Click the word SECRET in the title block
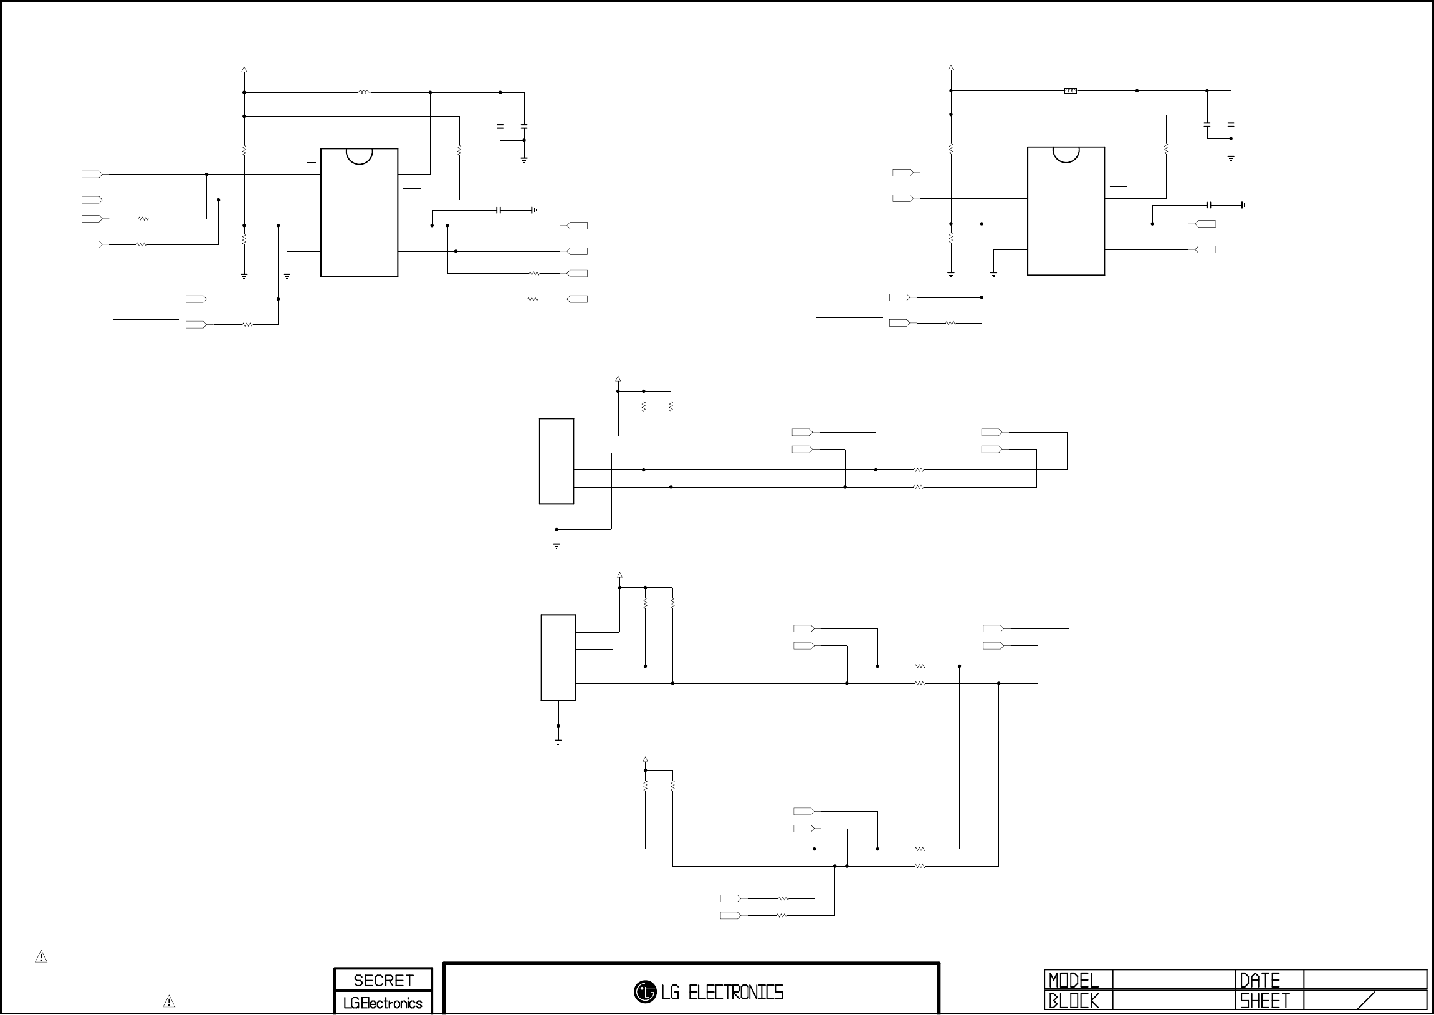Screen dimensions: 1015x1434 [383, 980]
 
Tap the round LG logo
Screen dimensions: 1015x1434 [644, 991]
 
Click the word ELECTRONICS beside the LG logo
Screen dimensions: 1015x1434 [735, 992]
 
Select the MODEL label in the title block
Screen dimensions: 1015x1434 [1073, 980]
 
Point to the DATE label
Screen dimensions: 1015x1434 [1260, 980]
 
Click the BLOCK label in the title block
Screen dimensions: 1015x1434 [1073, 1001]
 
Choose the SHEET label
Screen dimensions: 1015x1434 [1264, 1001]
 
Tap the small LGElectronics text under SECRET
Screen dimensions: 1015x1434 [383, 1003]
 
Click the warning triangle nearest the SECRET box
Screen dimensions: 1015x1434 [169, 1001]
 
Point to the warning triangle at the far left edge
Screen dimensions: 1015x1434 [41, 957]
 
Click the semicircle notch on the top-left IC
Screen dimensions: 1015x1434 [359, 155]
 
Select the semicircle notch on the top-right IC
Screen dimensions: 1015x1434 [1066, 154]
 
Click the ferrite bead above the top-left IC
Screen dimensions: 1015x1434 [363, 92]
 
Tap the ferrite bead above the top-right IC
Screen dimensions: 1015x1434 [1071, 91]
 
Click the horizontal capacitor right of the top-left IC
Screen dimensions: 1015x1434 [499, 211]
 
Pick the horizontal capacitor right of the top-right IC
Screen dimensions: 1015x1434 [1210, 205]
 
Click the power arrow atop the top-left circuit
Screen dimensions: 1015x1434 [244, 70]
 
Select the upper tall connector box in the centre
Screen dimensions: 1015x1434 [557, 461]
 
